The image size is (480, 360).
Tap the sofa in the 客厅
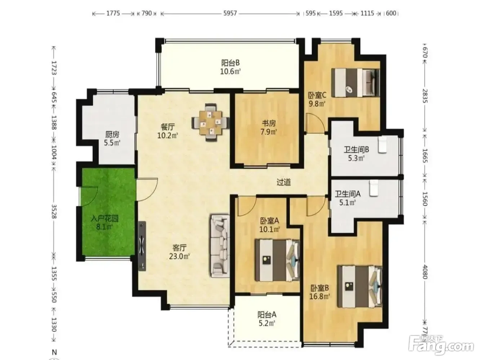tap(220, 246)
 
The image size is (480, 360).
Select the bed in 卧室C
tap(355, 83)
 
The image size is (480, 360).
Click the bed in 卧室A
tap(277, 260)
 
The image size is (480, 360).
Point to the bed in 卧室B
tap(360, 286)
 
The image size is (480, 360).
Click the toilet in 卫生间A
tap(374, 188)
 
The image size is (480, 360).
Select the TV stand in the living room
tap(142, 246)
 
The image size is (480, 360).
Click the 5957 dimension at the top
tap(230, 14)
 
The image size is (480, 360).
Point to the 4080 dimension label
tap(425, 272)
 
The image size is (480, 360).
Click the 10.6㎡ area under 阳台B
tap(230, 71)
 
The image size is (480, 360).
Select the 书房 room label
tap(269, 124)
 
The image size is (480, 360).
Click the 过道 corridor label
tap(284, 182)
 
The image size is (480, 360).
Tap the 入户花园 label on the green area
tap(105, 218)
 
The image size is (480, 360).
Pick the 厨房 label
tap(112, 134)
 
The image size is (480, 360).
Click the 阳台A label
tap(267, 315)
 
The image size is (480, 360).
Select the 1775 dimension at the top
tap(113, 14)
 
